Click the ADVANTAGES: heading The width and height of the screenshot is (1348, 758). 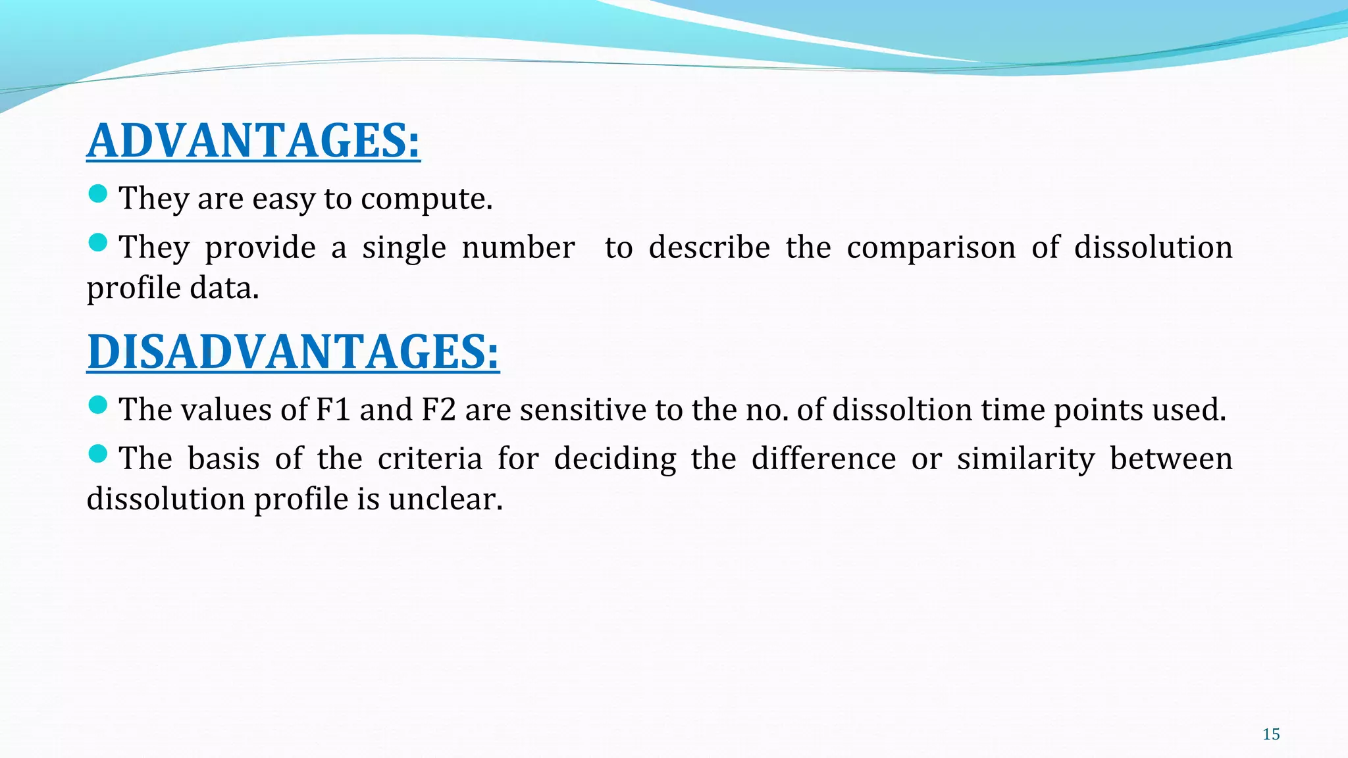pyautogui.click(x=253, y=141)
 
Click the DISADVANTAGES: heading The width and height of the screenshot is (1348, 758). pyautogui.click(x=293, y=352)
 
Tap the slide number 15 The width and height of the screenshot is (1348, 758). pyautogui.click(x=1271, y=734)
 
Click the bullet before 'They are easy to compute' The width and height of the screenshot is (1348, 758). pyautogui.click(x=97, y=193)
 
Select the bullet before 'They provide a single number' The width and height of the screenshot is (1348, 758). pyautogui.click(x=97, y=242)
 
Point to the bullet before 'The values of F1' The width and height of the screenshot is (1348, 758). pyautogui.click(x=97, y=405)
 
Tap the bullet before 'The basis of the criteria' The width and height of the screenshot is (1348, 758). pyautogui.click(x=97, y=453)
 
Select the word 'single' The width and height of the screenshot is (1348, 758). pyautogui.click(x=403, y=247)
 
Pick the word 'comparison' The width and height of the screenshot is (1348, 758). pyautogui.click(x=931, y=247)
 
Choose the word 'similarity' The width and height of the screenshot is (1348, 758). pyautogui.click(x=1025, y=459)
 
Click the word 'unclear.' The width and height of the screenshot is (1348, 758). pyautogui.click(x=445, y=499)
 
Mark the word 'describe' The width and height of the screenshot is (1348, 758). pyautogui.click(x=709, y=247)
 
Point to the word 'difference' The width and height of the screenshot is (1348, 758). pyautogui.click(x=823, y=459)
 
